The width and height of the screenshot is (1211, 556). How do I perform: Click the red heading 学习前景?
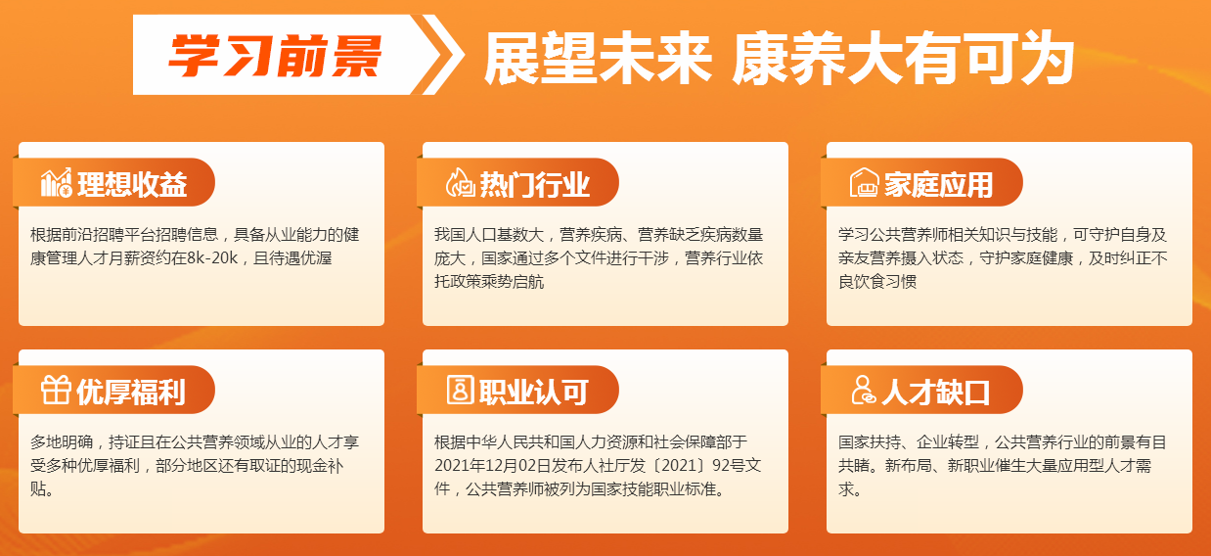276,55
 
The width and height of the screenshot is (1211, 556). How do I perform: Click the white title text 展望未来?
598,58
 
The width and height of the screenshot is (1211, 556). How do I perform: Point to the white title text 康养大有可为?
903,58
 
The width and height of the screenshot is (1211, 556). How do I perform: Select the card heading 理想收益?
132,184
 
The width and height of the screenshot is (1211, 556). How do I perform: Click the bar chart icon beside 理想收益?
56,183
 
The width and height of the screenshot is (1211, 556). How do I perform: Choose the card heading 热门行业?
534,184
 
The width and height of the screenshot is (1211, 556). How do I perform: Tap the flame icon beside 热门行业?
460,183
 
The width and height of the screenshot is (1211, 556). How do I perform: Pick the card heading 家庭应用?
938,184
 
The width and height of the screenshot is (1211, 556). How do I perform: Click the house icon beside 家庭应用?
864,183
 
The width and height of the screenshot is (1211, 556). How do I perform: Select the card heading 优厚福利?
131,393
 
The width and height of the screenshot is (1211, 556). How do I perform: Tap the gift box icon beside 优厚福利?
56,390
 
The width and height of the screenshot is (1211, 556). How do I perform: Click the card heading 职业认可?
534,393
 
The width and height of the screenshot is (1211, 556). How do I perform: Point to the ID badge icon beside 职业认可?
460,390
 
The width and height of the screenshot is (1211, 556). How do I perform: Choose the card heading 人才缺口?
936,393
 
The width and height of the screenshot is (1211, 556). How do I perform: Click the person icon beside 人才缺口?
864,390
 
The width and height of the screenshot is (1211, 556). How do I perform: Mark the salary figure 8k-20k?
212,258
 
